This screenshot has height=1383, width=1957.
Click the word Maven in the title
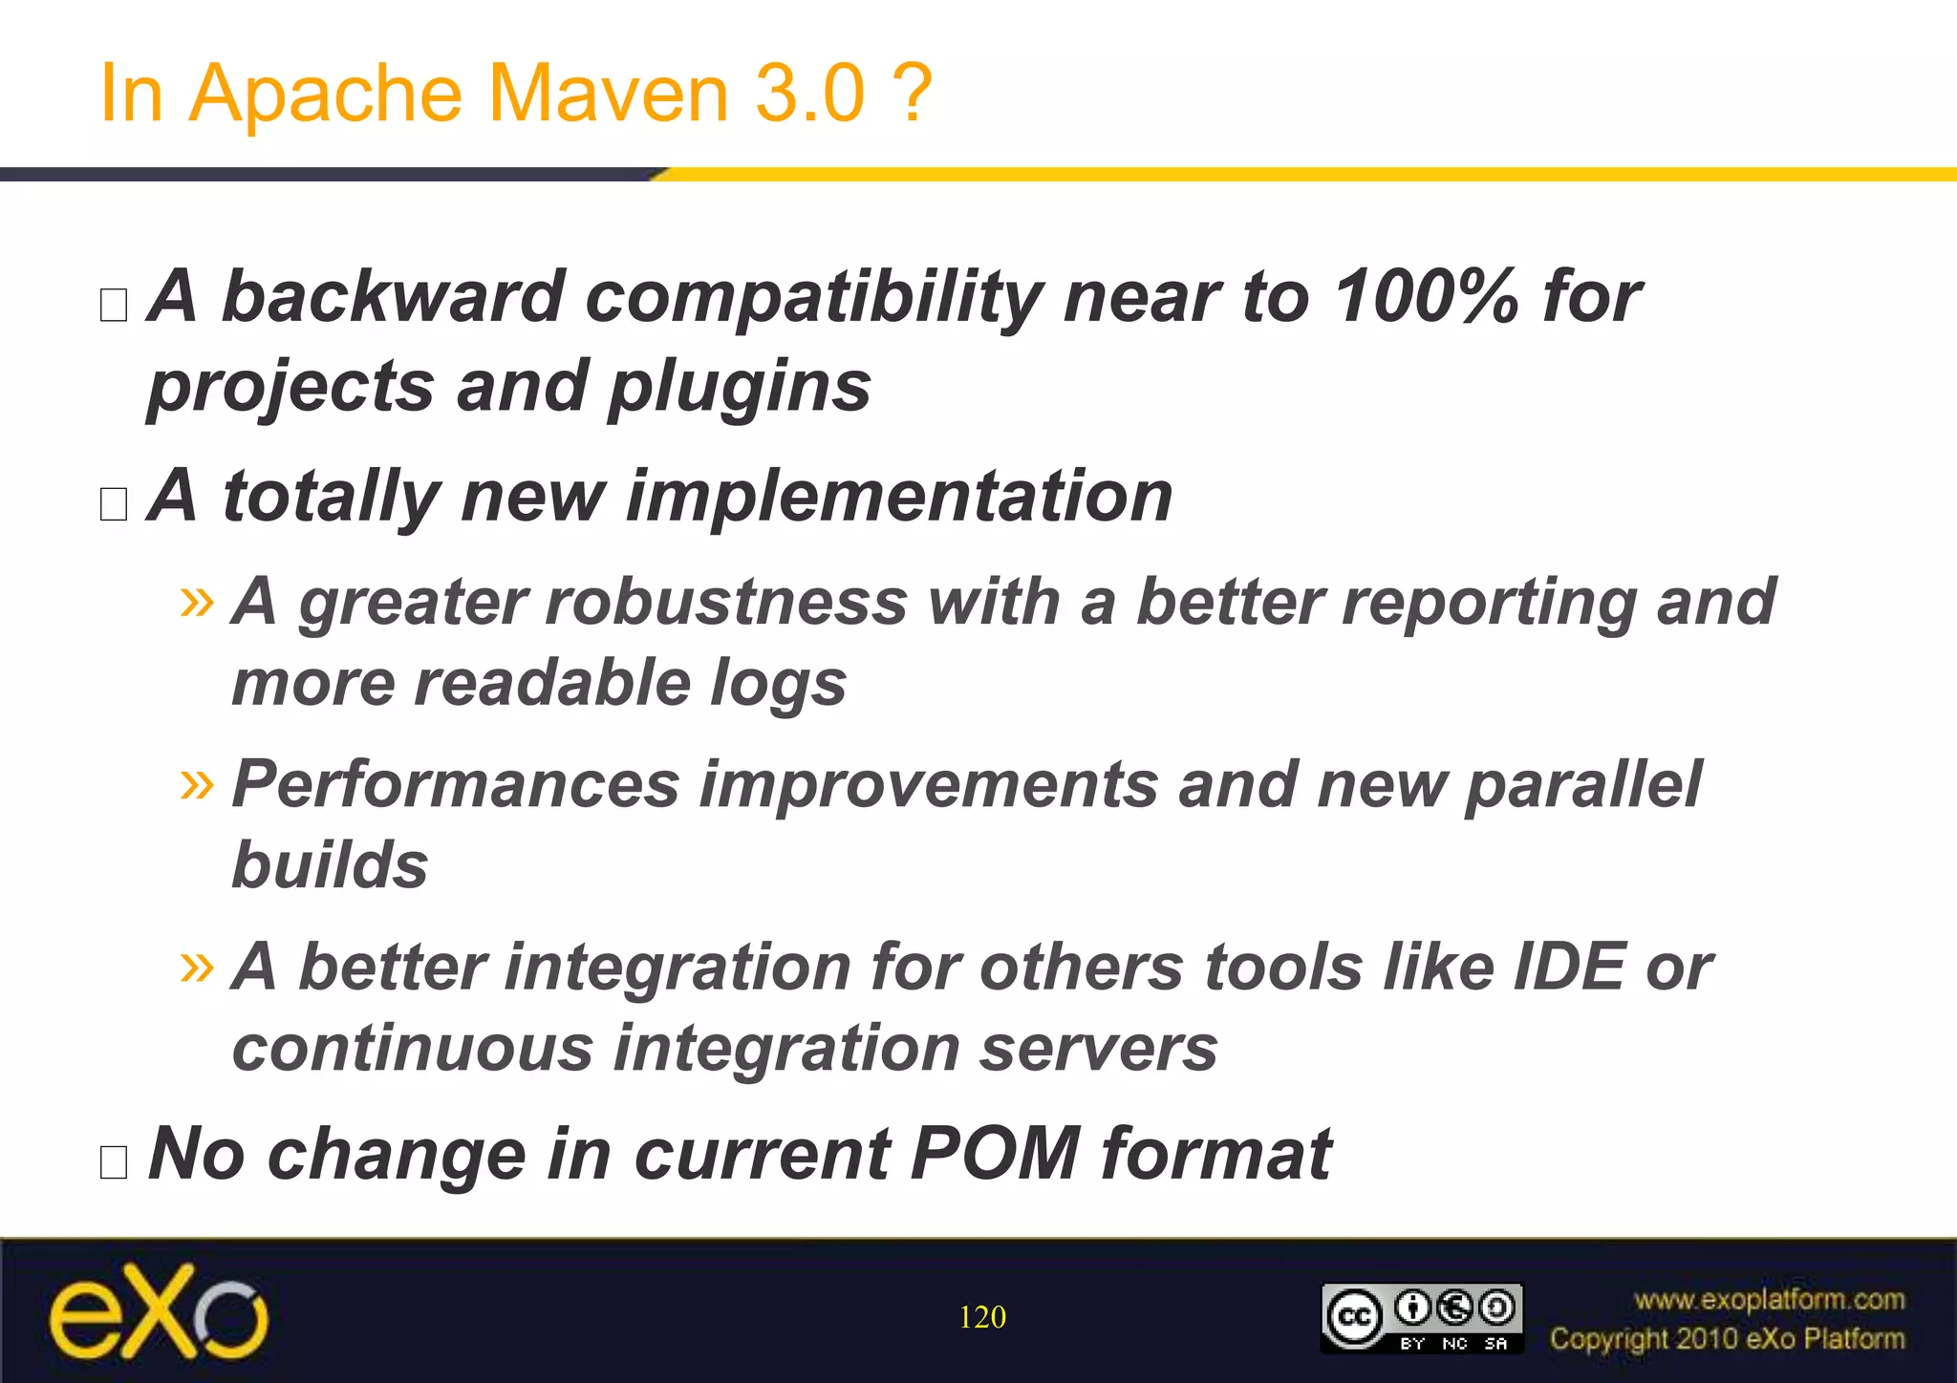pyautogui.click(x=609, y=94)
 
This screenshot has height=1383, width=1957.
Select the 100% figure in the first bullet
pyautogui.click(x=1425, y=296)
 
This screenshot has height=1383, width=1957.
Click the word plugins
pyautogui.click(x=740, y=388)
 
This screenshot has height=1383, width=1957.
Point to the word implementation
pyautogui.click(x=898, y=497)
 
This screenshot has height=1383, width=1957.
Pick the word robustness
pyautogui.click(x=602, y=603)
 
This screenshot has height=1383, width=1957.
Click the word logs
pyautogui.click(x=778, y=684)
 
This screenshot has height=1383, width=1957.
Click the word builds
pyautogui.click(x=330, y=865)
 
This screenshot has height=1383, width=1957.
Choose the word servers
pyautogui.click(x=1099, y=1049)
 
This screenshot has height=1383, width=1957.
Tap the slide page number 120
pyautogui.click(x=981, y=1317)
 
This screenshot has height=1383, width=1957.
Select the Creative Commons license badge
pyautogui.click(x=1421, y=1318)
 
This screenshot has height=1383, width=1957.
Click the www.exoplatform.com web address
pyautogui.click(x=1769, y=1299)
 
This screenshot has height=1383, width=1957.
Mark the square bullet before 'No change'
pyautogui.click(x=114, y=1161)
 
